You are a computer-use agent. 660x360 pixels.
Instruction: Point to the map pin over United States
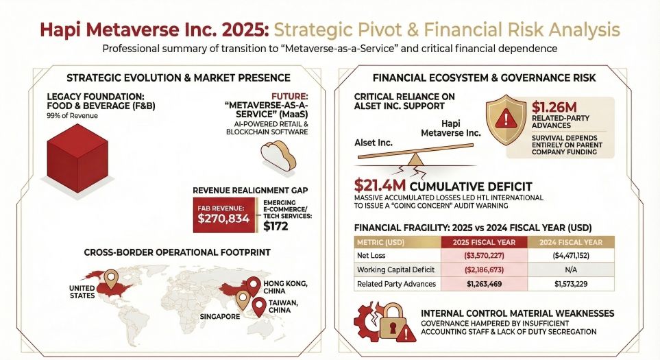110,278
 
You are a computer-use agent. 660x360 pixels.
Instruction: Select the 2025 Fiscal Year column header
487,242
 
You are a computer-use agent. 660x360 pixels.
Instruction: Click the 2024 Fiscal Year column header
572,242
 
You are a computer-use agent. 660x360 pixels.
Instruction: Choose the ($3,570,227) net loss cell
487,256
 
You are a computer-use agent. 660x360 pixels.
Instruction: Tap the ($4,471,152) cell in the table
572,256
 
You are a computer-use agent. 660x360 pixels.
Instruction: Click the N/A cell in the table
572,269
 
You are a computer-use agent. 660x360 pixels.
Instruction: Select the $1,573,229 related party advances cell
572,283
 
